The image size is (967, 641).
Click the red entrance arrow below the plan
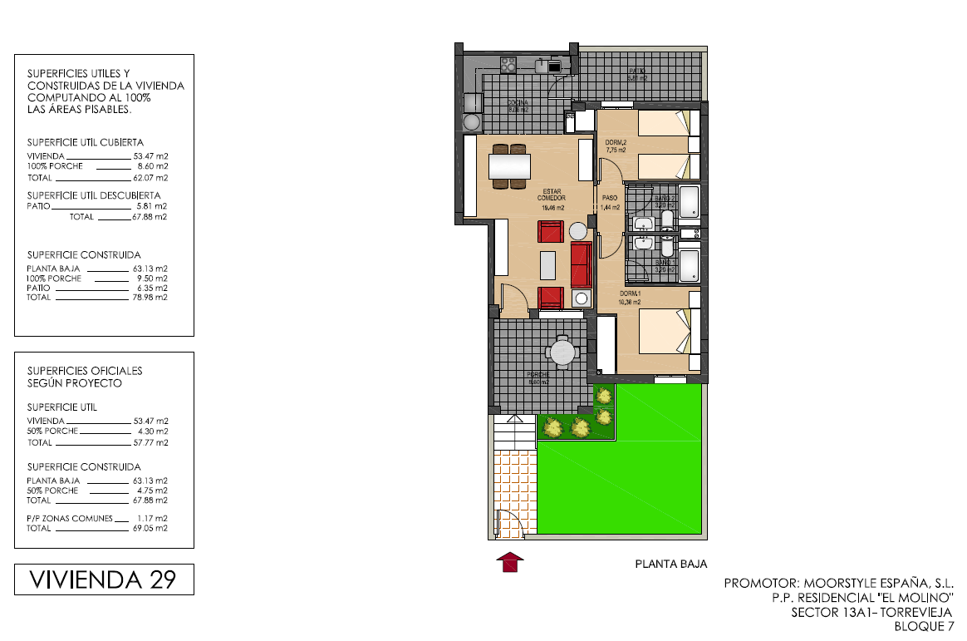click(x=510, y=563)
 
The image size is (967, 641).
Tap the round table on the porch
click(x=563, y=353)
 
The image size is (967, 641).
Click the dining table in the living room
click(x=509, y=167)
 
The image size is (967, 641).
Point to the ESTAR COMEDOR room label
click(x=552, y=195)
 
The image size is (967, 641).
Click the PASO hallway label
click(x=610, y=198)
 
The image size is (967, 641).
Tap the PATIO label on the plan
click(x=637, y=71)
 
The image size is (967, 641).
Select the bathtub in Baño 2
click(x=690, y=202)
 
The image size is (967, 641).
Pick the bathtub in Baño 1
click(x=690, y=265)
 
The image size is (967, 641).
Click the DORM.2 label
click(x=616, y=142)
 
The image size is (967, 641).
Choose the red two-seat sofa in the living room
click(x=581, y=264)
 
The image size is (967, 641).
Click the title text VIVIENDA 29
click(x=104, y=579)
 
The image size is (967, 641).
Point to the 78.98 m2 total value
click(x=150, y=297)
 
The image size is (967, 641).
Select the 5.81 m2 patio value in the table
click(x=150, y=205)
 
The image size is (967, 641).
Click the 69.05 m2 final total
click(x=150, y=528)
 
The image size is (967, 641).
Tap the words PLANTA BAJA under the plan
click(x=671, y=564)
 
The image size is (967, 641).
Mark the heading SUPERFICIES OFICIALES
click(x=85, y=371)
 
